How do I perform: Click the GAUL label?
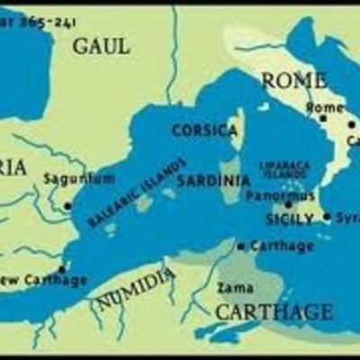pos(101,45)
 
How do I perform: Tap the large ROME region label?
pos(293,80)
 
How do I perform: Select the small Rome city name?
pos(325,107)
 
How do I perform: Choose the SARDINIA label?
pos(213,180)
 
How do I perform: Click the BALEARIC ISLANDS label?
pos(138,192)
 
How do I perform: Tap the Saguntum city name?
pos(79,178)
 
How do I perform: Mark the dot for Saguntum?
pos(67,206)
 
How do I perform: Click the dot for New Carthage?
pos(61,268)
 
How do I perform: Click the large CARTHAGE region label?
pos(274,311)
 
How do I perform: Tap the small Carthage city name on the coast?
pos(282,246)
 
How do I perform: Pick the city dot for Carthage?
pos(241,246)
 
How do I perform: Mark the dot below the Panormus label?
pos(289,205)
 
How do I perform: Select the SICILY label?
pos(291,219)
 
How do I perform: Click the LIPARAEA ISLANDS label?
pos(284,170)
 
